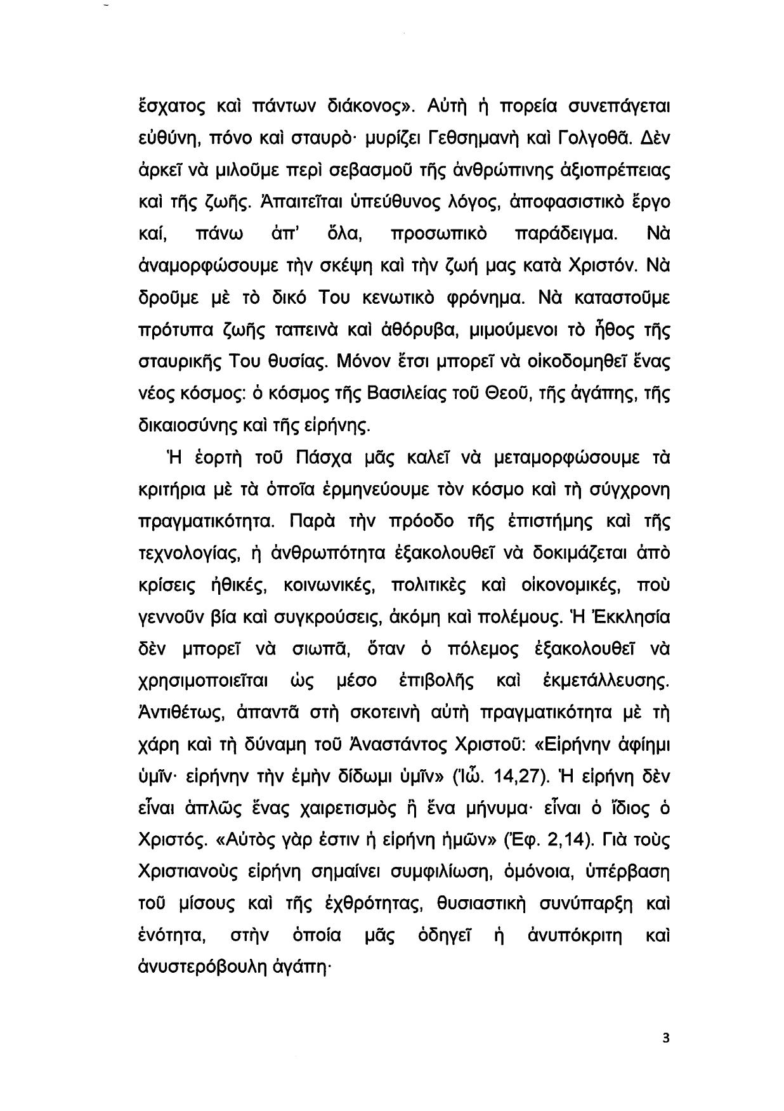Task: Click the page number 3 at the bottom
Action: pos(665,1039)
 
